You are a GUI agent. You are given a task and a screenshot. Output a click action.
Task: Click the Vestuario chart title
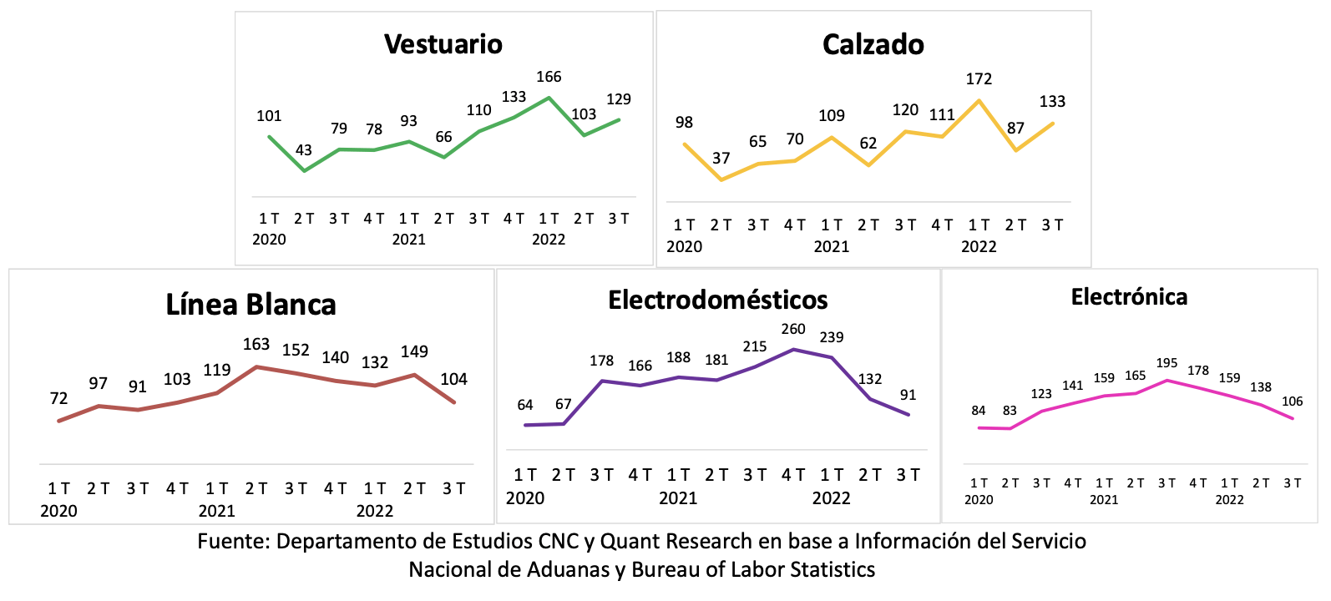443,44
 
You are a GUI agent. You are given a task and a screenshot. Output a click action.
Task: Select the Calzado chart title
873,44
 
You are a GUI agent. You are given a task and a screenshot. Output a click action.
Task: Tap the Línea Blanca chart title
251,305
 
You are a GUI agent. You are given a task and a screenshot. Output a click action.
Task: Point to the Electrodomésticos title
717,300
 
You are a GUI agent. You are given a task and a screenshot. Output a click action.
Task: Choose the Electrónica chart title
1129,297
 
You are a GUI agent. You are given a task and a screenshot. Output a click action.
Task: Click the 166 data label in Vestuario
549,77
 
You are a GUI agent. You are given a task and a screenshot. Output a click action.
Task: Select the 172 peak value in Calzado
979,79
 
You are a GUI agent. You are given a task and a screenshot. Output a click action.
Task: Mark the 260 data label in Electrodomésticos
793,330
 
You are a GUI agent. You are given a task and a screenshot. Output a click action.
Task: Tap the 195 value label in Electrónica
1167,363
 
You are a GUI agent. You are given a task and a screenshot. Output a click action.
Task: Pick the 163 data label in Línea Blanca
256,344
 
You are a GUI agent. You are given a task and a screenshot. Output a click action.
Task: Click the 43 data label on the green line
304,150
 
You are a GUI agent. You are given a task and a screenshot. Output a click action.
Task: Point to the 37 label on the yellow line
721,159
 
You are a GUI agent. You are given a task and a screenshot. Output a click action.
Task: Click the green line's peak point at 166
549,98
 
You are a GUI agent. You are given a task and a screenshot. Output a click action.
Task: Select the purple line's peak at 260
793,349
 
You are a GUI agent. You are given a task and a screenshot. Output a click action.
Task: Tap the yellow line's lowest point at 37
721,179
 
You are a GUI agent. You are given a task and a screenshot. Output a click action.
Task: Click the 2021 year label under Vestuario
409,240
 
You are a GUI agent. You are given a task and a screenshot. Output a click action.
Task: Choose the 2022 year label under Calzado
979,246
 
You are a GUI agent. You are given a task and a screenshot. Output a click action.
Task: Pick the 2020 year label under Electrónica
979,500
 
